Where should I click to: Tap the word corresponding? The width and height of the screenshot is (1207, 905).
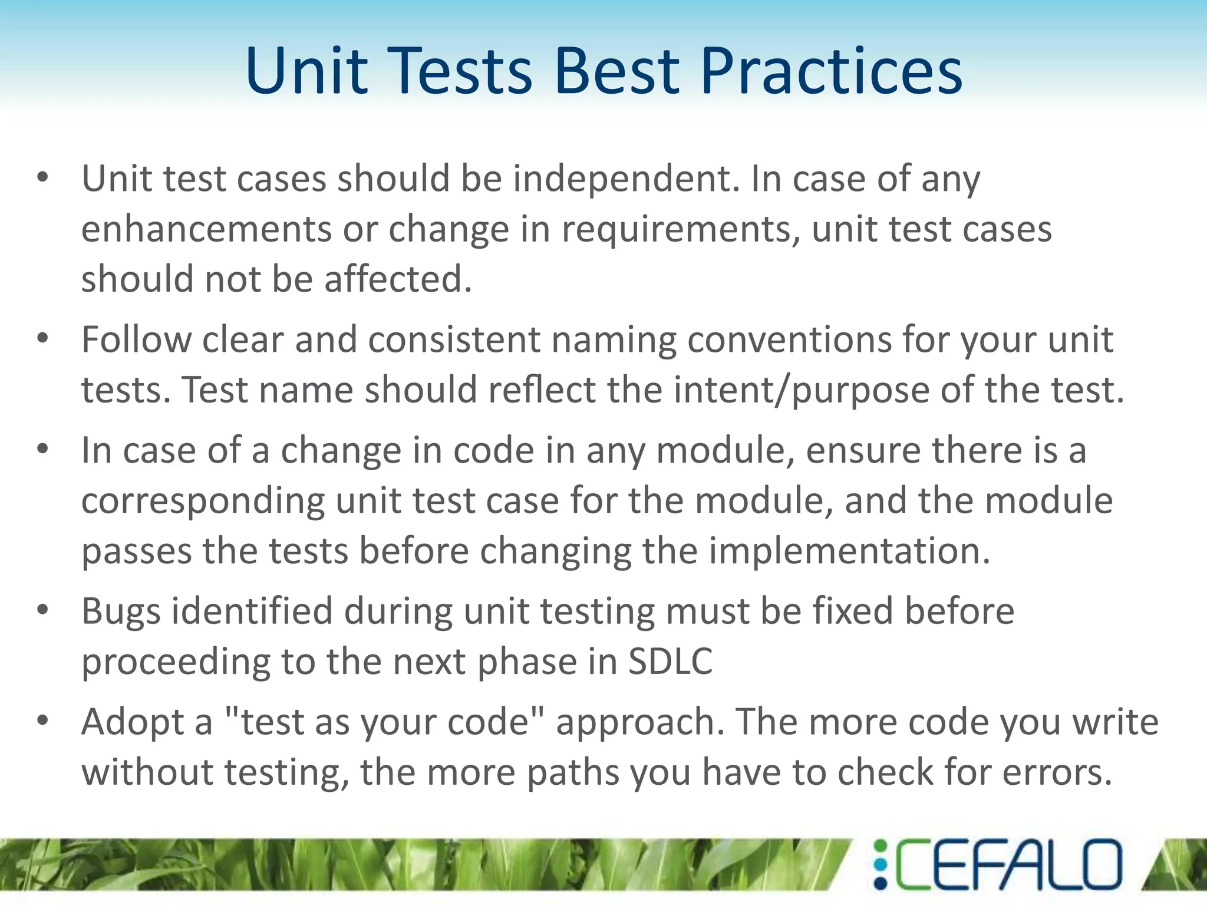coord(203,501)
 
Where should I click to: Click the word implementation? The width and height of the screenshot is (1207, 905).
coord(849,551)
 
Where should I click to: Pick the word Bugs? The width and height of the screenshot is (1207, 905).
coord(121,612)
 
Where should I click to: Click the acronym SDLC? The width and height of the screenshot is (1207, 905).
coord(670,661)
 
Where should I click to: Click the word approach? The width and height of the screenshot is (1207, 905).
coord(640,722)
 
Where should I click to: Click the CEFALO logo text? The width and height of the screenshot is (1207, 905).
coord(1008,864)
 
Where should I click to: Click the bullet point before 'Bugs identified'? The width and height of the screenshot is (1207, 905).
coord(42,610)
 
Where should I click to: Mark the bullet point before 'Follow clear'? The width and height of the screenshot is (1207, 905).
coord(42,339)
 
